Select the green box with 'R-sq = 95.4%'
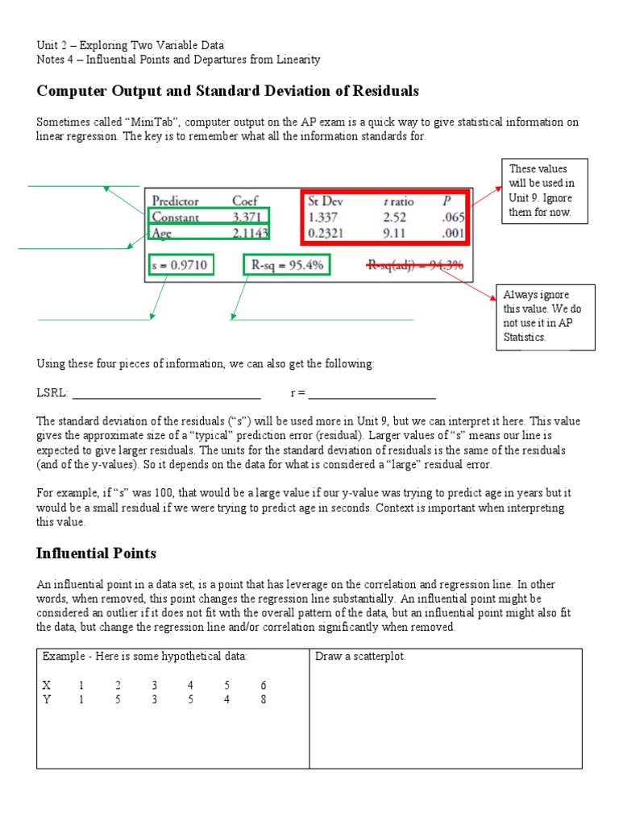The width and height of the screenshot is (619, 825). [x=286, y=264]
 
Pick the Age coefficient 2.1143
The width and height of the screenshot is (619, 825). [x=251, y=232]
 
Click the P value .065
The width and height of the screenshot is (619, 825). [x=452, y=217]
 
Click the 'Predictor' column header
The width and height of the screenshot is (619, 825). [x=175, y=201]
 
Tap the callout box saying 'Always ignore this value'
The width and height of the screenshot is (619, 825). [x=545, y=316]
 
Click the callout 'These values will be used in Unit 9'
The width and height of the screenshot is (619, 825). [x=546, y=191]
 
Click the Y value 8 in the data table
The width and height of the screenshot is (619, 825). [x=264, y=699]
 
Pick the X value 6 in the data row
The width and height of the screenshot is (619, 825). [x=264, y=685]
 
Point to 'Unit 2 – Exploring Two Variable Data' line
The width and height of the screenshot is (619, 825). [x=131, y=45]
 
